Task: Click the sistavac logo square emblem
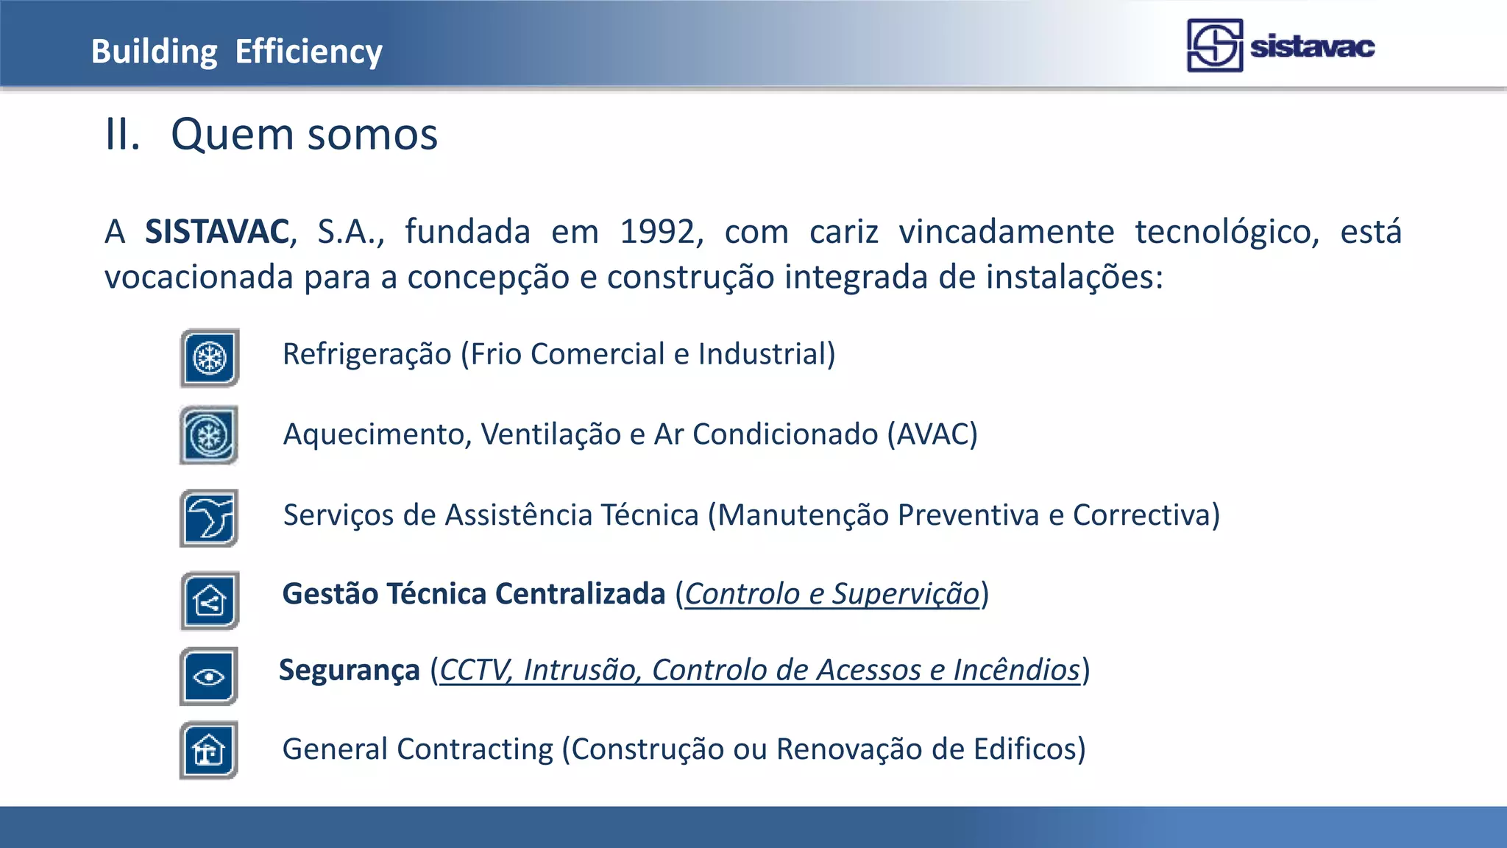pos(1214,46)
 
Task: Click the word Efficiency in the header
pos(308,52)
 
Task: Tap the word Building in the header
pos(154,52)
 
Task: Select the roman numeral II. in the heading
pos(122,135)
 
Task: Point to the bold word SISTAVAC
pos(217,232)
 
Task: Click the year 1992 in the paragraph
pos(657,232)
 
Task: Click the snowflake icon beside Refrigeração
pos(210,358)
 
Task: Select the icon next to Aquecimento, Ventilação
pos(210,435)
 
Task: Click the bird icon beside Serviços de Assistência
pos(210,517)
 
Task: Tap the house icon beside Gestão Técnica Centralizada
pos(210,601)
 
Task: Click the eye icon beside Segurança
pos(210,676)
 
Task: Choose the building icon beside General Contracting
pos(210,751)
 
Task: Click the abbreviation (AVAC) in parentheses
pos(932,434)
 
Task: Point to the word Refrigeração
pos(366,355)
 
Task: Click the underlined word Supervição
pos(906,594)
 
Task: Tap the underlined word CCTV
pos(475,671)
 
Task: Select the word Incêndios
pos(1016,671)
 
